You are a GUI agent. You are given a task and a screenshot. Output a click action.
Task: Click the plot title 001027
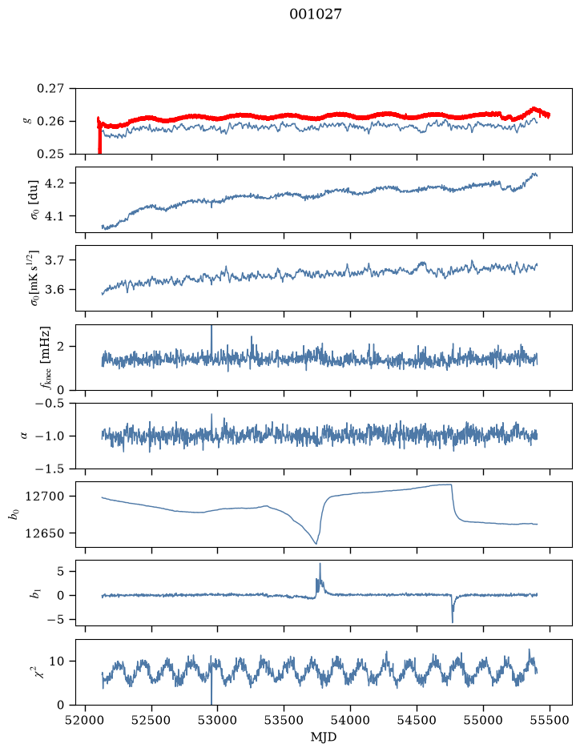pos(315,14)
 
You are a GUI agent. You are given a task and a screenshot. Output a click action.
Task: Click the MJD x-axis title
pos(324,737)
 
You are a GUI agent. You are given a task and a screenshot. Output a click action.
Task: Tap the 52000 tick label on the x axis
pos(86,720)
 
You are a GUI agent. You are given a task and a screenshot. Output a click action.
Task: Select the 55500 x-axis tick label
pos(550,720)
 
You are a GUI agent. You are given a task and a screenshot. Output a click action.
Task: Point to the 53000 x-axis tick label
pos(218,720)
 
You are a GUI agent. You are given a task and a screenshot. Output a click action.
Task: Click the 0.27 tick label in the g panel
pos(50,89)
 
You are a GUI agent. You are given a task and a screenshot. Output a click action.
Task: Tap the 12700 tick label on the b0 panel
pos(44,497)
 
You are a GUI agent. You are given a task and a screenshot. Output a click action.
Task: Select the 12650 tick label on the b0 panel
pos(44,533)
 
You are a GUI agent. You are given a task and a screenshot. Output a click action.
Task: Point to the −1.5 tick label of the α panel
pos(50,468)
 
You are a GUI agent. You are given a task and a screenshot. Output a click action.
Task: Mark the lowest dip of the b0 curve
pos(316,543)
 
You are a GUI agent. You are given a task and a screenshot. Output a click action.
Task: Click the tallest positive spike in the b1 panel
pos(320,564)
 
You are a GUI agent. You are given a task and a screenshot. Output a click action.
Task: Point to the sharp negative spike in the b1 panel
pos(453,621)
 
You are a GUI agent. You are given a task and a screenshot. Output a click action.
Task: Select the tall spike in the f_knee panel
pos(211,327)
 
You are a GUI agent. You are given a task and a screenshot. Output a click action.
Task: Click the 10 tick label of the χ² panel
pos(58,662)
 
